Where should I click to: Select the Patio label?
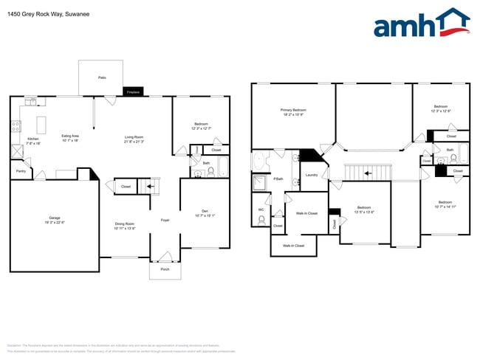[x=101, y=77]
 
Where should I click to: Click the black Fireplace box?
[x=134, y=92]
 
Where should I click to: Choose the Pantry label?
[x=19, y=171]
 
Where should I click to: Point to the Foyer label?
[x=165, y=220]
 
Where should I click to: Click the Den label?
[x=203, y=213]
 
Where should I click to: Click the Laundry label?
[x=311, y=175]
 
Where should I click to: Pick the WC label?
[x=261, y=210]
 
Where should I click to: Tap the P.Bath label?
[x=278, y=179]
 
